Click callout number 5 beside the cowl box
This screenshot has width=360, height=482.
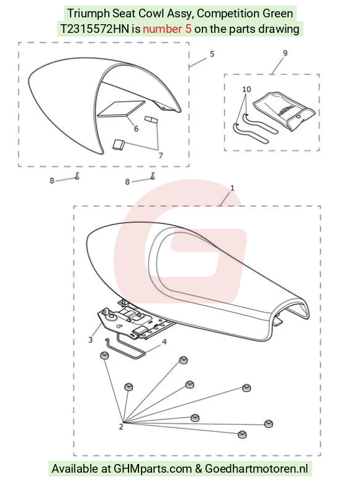click(212, 54)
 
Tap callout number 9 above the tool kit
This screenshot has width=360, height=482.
click(286, 53)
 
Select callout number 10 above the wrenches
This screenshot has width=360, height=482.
click(246, 89)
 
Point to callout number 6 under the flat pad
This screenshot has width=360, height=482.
click(137, 128)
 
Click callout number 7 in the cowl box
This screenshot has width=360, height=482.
click(161, 156)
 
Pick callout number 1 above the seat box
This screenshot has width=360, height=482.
click(232, 187)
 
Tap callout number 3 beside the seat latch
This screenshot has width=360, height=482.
click(91, 340)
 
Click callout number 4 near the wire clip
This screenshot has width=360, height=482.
click(164, 342)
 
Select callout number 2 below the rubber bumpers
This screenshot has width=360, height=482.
click(121, 427)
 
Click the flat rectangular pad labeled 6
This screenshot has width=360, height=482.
click(121, 109)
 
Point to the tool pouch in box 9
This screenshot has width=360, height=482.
click(284, 111)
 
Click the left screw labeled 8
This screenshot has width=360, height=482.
click(77, 176)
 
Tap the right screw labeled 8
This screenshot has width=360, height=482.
click(153, 176)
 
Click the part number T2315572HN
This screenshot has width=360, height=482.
click(94, 29)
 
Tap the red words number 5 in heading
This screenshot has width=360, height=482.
click(167, 29)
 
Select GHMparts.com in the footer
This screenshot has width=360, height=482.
click(153, 468)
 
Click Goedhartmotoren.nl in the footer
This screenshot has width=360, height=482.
click(256, 468)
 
